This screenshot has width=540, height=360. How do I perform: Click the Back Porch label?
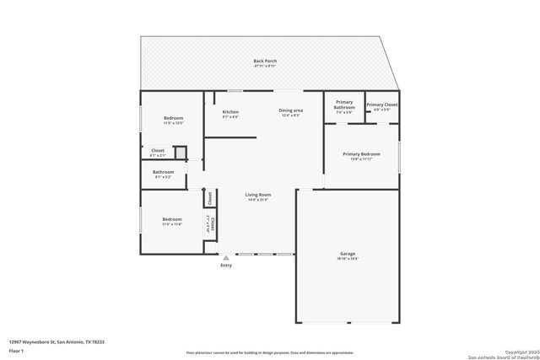(x=265, y=61)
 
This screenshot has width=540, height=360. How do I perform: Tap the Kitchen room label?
(x=230, y=112)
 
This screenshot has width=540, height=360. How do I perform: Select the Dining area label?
(x=291, y=111)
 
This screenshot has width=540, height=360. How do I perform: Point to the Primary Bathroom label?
(x=344, y=105)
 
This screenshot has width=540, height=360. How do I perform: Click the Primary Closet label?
(x=381, y=105)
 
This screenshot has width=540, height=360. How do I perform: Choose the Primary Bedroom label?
(x=361, y=153)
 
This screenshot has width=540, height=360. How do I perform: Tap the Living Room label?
(x=257, y=194)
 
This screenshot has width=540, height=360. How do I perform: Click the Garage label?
(x=347, y=253)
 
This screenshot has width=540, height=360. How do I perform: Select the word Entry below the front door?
(x=226, y=266)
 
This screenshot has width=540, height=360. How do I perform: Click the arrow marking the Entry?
(x=226, y=258)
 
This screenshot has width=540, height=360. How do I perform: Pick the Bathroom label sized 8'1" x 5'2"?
(x=164, y=172)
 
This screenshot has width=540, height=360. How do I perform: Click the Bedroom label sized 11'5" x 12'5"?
(x=173, y=118)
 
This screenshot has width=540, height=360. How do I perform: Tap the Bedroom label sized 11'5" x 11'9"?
(x=172, y=219)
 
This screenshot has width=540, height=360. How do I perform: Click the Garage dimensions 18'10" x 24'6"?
(x=347, y=259)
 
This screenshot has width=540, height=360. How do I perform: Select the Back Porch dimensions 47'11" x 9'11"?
(x=265, y=67)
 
